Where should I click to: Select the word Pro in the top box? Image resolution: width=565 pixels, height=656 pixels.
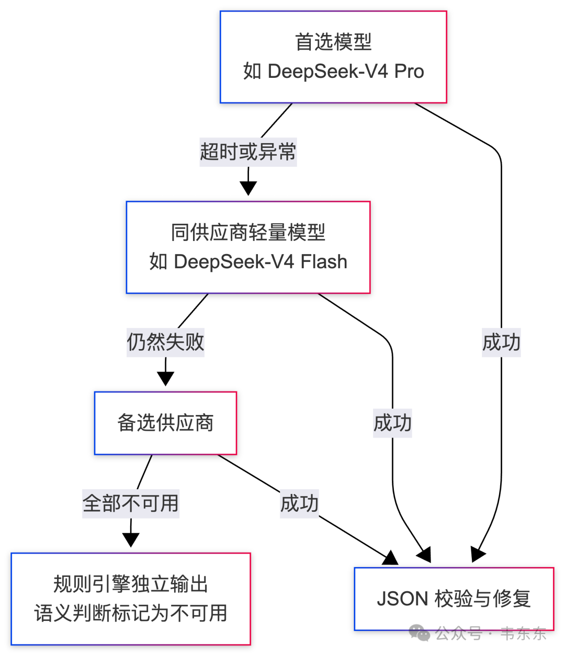click(x=409, y=71)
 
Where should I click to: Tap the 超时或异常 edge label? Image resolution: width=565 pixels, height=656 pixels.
click(x=248, y=152)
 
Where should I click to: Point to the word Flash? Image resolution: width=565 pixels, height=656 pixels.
click(x=324, y=261)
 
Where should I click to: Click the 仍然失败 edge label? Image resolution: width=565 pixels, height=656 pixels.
click(x=165, y=342)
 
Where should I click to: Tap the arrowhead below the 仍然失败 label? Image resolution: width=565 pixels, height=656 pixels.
click(x=165, y=378)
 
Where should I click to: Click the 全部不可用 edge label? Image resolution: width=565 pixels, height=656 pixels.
click(x=131, y=504)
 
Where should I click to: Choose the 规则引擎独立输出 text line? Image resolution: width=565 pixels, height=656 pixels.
click(x=131, y=584)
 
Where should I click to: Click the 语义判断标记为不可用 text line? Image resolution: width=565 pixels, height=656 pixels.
click(x=131, y=613)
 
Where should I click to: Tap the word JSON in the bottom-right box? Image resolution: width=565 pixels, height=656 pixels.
click(x=402, y=599)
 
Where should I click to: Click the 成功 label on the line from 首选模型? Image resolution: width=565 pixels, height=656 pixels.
click(x=501, y=342)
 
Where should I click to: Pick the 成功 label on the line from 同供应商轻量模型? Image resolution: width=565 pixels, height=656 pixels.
click(x=392, y=423)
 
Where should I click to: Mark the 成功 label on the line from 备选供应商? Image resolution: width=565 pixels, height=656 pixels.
click(x=299, y=504)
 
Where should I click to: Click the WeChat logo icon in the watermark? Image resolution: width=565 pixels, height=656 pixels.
click(x=419, y=632)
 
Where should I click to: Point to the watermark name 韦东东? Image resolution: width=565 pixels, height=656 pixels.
click(x=523, y=634)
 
